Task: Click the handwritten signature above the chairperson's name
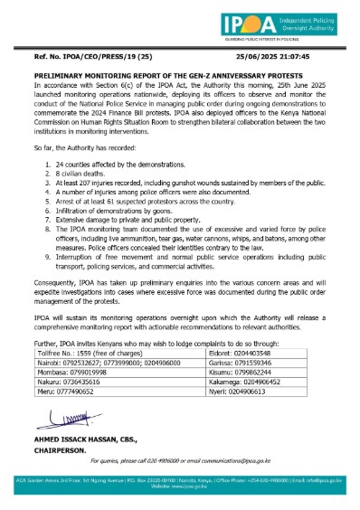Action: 56,418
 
